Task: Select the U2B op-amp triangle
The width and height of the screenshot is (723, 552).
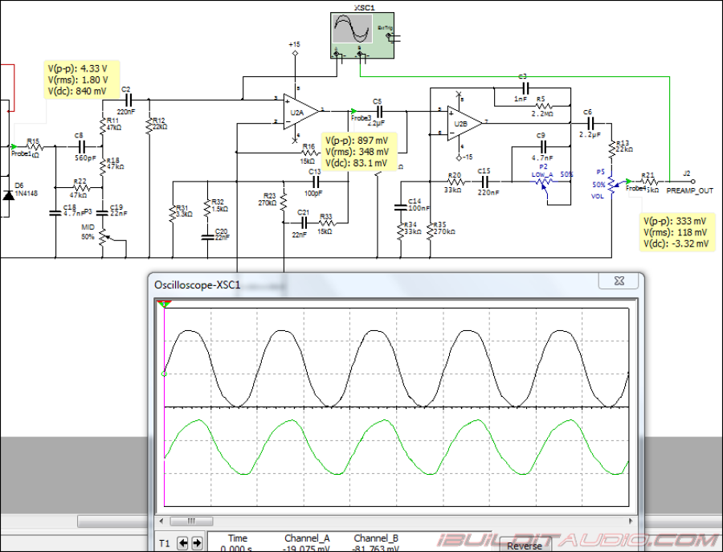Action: (x=462, y=123)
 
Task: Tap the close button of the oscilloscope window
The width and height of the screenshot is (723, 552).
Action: (x=619, y=280)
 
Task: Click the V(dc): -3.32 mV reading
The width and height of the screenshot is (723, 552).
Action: (x=676, y=243)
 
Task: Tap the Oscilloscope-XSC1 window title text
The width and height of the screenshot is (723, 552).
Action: (x=197, y=284)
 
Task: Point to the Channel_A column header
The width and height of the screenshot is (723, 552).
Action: (x=307, y=538)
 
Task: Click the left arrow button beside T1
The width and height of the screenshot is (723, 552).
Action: (x=183, y=544)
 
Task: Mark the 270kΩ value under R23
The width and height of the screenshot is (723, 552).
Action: (x=268, y=203)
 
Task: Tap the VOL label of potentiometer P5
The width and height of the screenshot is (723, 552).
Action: (x=598, y=196)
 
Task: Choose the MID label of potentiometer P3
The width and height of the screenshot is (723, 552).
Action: (x=88, y=227)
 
